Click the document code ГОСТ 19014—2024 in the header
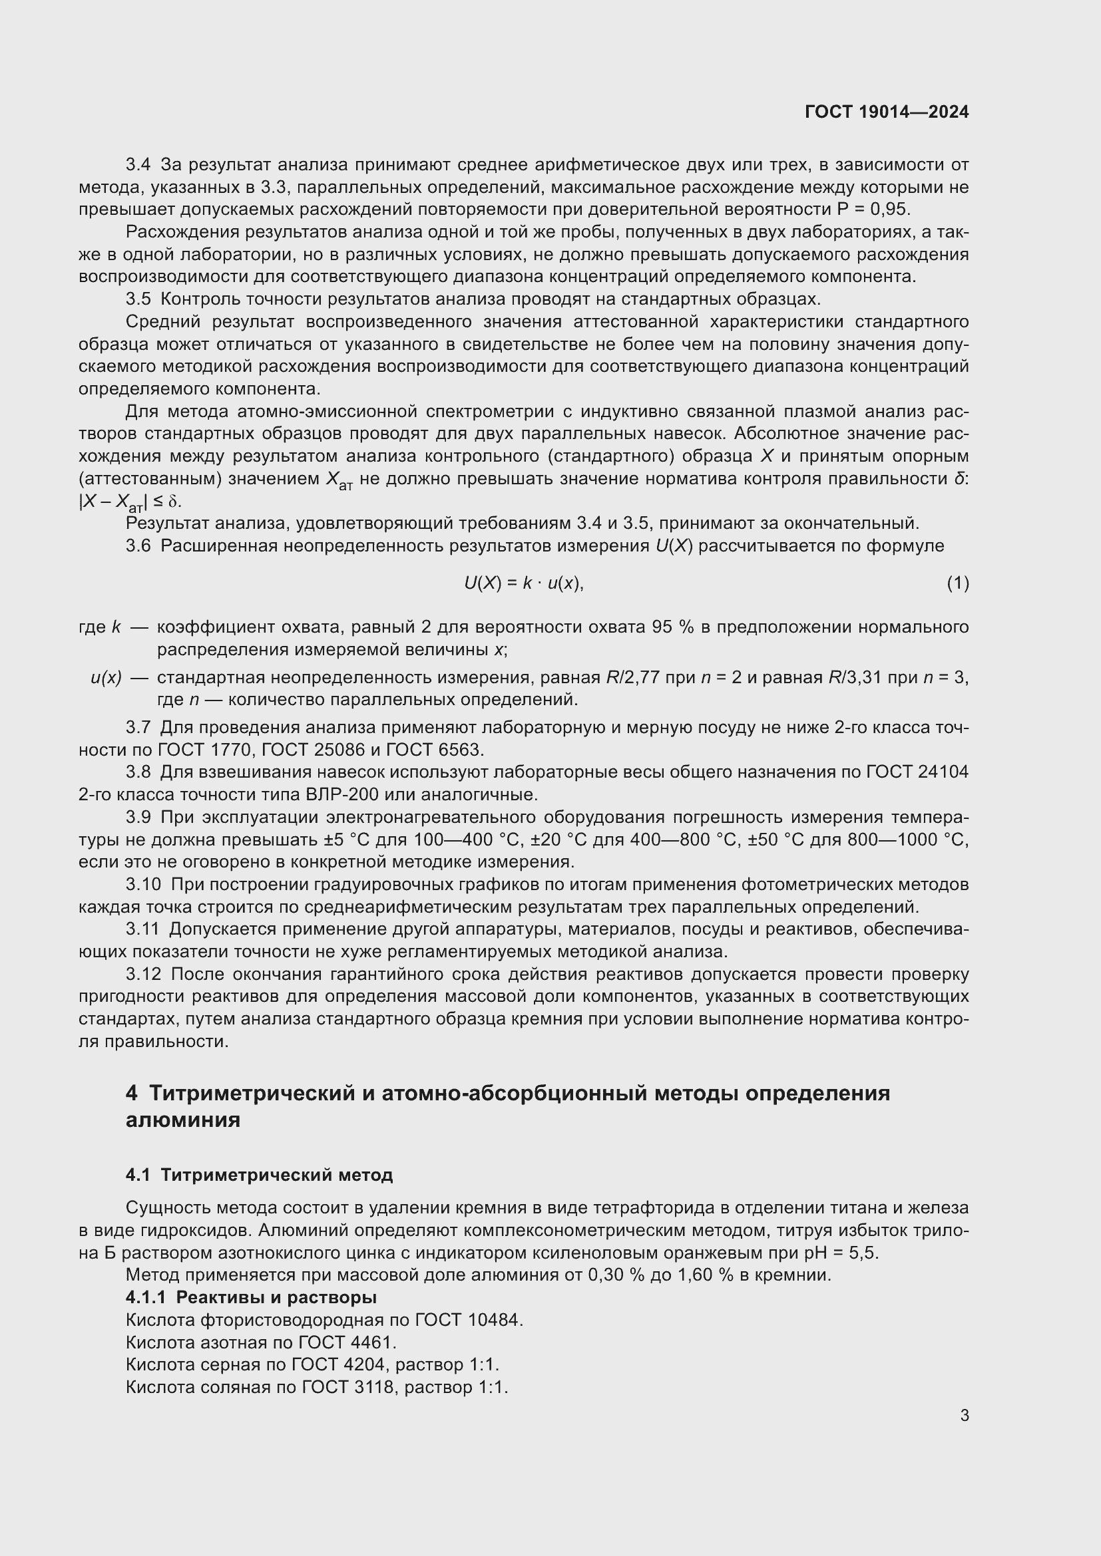[886, 112]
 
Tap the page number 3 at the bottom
[964, 1415]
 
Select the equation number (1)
[957, 583]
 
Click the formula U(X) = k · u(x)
[523, 583]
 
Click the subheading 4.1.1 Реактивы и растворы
[251, 1298]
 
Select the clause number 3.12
[144, 975]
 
